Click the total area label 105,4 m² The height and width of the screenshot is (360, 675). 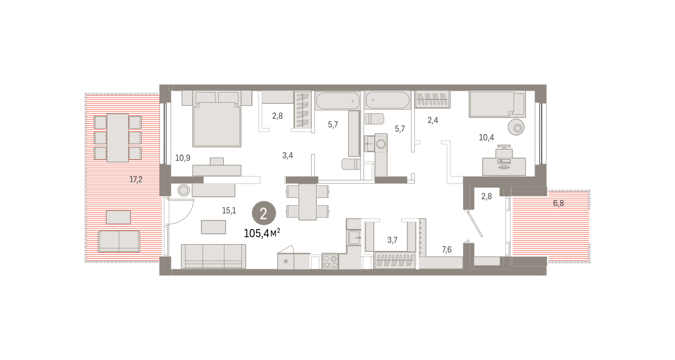262,233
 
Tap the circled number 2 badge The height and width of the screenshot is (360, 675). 264,213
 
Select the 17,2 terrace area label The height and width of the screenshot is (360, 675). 136,180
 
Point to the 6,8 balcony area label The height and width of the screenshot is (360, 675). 559,204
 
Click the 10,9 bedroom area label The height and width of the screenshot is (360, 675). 183,158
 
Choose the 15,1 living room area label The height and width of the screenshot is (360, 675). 229,210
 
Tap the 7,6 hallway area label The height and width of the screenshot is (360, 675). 447,249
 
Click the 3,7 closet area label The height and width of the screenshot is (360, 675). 393,240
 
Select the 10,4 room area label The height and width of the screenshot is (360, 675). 487,138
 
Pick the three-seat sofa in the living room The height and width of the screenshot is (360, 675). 213,256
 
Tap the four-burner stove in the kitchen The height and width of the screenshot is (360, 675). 330,261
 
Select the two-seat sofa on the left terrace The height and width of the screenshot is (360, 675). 119,241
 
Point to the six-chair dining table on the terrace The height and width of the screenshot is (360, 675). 118,138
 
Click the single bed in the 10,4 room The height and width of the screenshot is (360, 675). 497,105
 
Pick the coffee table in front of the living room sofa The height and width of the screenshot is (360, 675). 213,227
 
